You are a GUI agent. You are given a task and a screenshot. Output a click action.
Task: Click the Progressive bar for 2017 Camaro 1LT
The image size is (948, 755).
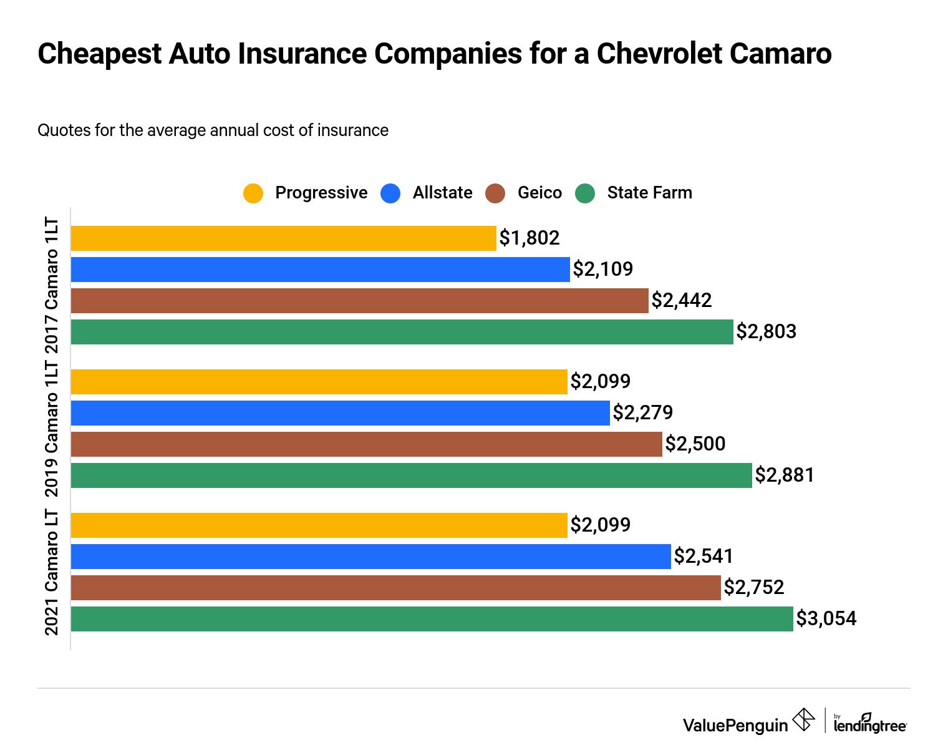tap(284, 238)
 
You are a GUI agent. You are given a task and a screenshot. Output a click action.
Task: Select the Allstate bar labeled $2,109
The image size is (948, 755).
tap(321, 270)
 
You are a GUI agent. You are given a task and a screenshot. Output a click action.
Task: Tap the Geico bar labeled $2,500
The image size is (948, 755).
tap(367, 444)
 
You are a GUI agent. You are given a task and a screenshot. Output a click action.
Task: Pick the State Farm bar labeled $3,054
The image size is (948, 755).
tap(432, 619)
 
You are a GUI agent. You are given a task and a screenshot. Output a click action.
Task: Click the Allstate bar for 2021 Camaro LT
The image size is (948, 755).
tap(371, 557)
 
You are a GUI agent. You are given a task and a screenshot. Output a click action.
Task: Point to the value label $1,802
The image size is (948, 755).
tap(530, 238)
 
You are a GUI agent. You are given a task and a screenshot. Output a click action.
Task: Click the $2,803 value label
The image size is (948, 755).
tap(767, 332)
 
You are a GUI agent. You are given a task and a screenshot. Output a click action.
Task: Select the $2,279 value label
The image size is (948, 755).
tap(643, 413)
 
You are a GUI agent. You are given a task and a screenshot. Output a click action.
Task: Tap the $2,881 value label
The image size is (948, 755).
tap(785, 475)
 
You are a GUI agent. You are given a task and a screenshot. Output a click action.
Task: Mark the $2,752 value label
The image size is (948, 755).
tap(754, 588)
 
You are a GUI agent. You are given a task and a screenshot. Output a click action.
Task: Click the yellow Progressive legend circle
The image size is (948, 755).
tap(253, 193)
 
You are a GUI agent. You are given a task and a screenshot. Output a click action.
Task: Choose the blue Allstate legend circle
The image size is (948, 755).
tap(390, 193)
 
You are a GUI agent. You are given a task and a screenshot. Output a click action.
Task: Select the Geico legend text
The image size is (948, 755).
tap(539, 193)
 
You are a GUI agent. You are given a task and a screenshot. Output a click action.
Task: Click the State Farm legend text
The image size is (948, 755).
tap(649, 193)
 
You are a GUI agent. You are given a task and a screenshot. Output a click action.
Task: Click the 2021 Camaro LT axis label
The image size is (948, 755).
tap(52, 573)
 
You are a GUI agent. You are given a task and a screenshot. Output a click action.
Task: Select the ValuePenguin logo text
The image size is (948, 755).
tap(735, 725)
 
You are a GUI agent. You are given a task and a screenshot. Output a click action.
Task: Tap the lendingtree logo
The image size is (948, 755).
tap(870, 724)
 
